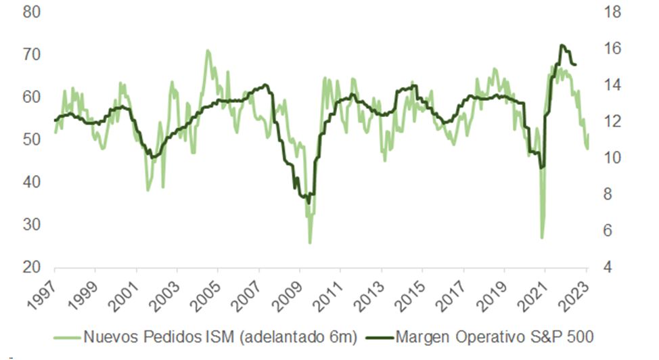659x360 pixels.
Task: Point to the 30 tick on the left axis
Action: coord(32,225)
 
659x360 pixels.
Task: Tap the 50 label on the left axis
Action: coord(32,139)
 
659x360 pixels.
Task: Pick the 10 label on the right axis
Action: coord(612,158)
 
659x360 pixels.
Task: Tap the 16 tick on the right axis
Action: coord(612,48)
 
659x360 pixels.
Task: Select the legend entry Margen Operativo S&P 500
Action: coord(493,336)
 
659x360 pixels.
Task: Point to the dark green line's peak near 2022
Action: coord(562,45)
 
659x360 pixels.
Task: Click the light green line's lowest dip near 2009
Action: coord(310,242)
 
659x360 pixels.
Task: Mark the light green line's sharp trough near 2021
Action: coord(542,238)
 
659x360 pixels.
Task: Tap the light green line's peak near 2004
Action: coord(207,50)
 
